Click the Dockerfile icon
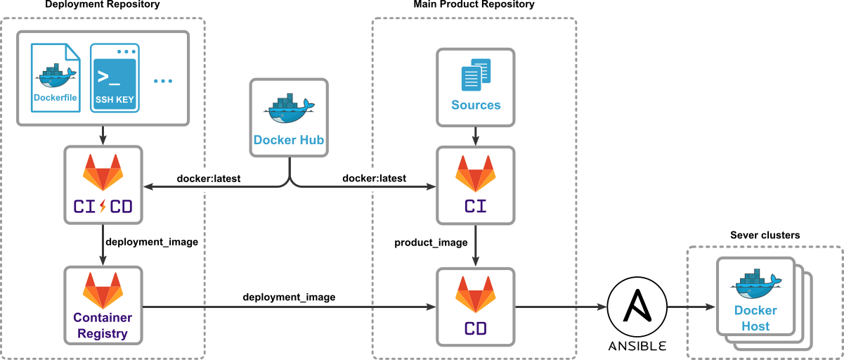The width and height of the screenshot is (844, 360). (x=55, y=77)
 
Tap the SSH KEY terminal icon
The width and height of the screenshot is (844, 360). (x=115, y=77)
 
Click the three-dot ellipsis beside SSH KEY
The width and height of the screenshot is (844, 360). (x=162, y=81)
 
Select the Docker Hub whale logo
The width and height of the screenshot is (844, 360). (x=288, y=109)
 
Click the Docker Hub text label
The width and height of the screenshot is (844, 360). (x=288, y=140)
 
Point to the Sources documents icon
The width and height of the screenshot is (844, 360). (x=476, y=75)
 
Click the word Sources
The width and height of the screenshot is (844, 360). (x=476, y=105)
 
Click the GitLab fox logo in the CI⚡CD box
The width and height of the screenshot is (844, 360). (x=103, y=172)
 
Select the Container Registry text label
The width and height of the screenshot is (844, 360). (x=103, y=325)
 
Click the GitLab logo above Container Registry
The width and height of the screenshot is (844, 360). (x=103, y=290)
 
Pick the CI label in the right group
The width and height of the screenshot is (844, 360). (x=476, y=207)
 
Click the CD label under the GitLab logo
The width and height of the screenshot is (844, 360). (x=476, y=328)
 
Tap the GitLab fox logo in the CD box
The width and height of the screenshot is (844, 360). (x=476, y=294)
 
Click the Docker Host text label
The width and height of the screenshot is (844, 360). (x=755, y=318)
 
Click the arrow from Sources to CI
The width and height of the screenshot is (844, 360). (x=476, y=136)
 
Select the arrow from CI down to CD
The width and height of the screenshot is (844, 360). (x=476, y=246)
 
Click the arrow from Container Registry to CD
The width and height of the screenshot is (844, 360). (x=288, y=307)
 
